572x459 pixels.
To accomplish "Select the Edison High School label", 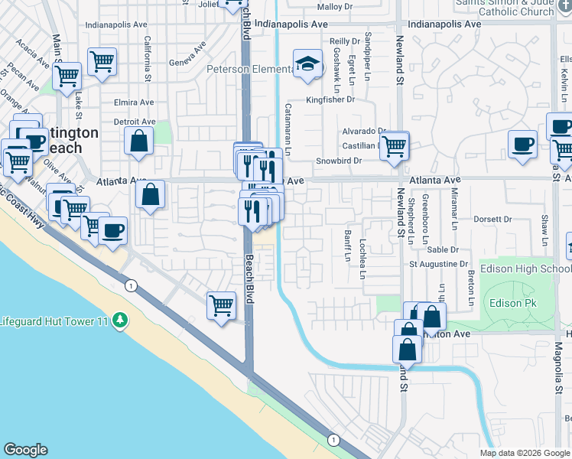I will tap(535, 269).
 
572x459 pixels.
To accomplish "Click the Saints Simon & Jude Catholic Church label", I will tap(503, 8).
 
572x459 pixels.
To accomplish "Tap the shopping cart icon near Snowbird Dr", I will tap(394, 145).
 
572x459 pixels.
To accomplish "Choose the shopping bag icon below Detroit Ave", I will tap(138, 142).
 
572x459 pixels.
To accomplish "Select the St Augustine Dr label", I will tap(438, 264).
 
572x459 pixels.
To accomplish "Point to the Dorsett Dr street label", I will tap(492, 219).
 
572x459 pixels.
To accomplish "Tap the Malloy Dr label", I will tap(334, 7).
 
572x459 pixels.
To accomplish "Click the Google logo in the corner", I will tap(25, 450).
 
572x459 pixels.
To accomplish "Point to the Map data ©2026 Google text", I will tap(525, 453).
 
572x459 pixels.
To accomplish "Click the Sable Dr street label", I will tap(443, 249).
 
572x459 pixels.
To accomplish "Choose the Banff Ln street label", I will tap(346, 247).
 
